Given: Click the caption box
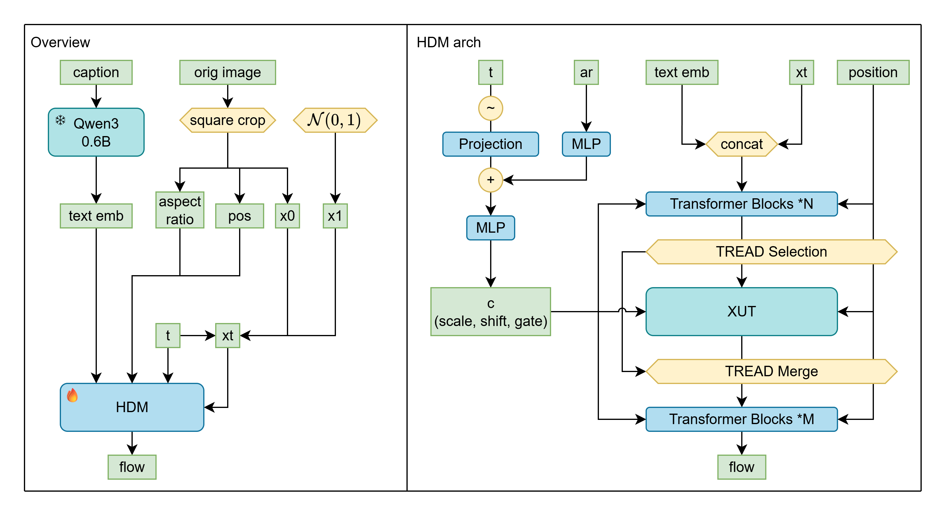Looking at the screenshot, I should click(x=96, y=73).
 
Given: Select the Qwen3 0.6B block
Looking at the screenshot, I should click(x=96, y=132).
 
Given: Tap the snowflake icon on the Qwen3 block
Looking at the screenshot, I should click(x=60, y=120).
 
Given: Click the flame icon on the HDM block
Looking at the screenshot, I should click(x=72, y=395).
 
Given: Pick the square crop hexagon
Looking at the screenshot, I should click(x=227, y=120).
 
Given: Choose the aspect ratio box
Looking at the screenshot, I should click(x=180, y=210).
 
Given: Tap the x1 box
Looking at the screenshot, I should click(x=335, y=216).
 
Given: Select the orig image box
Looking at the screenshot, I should click(x=227, y=73).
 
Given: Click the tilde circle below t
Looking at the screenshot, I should click(x=490, y=108).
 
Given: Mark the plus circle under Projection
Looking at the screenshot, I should click(x=490, y=180).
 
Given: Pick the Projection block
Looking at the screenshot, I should click(x=490, y=144).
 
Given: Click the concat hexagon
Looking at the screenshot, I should click(x=741, y=144).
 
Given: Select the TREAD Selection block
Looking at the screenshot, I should click(x=771, y=252).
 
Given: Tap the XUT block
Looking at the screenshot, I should click(x=741, y=311).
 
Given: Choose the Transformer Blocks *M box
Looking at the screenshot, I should click(x=741, y=419).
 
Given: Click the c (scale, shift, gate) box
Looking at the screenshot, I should click(x=490, y=311).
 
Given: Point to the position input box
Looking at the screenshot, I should click(x=873, y=73).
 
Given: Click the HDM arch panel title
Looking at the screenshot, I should click(x=448, y=42).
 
